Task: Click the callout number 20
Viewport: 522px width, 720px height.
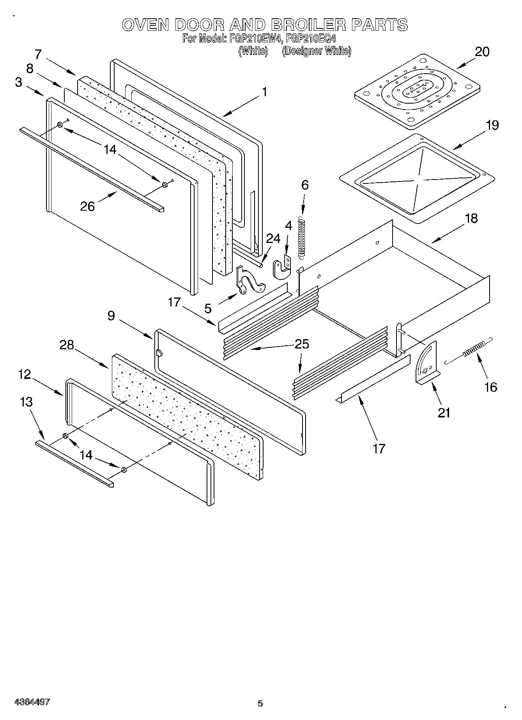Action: coord(482,52)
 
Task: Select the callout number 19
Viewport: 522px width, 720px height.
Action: coord(492,125)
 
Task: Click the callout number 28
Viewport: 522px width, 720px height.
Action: coord(67,345)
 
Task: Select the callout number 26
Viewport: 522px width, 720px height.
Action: coord(87,206)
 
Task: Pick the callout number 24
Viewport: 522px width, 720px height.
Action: coord(273,238)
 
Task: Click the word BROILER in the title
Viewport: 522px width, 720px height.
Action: coord(308,25)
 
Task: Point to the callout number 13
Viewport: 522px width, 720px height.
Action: coord(26,402)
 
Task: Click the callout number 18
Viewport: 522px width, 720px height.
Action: coord(471,218)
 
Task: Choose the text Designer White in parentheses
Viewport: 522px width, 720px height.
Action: coord(316,51)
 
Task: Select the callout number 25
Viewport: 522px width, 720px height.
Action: coord(302,344)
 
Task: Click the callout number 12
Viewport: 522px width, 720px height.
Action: coord(24,374)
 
